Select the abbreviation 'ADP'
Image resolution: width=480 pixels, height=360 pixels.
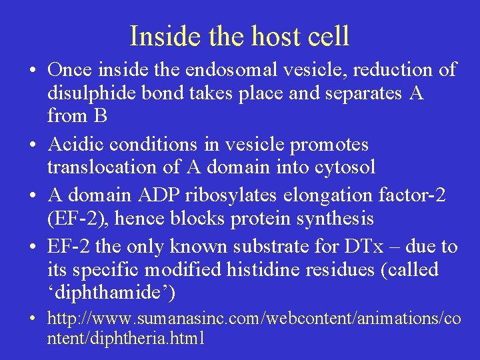(x=153, y=195)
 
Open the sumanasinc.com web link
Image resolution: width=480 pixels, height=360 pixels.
(x=253, y=319)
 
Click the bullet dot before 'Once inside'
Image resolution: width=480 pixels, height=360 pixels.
(x=32, y=71)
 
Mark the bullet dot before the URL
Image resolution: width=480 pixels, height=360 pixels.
(x=32, y=319)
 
